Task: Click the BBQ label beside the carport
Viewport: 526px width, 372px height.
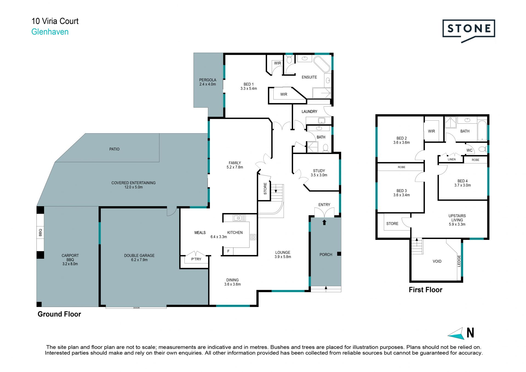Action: tap(41, 232)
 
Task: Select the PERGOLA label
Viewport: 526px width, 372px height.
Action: tap(208, 80)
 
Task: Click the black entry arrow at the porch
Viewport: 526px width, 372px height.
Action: tap(324, 222)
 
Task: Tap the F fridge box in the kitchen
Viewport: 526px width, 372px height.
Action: tap(228, 251)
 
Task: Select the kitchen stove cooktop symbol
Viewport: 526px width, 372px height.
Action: tap(253, 237)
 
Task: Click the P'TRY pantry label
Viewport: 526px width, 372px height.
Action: tap(196, 259)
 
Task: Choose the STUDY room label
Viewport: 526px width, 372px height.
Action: tap(319, 171)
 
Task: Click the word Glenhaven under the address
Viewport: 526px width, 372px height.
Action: tap(50, 32)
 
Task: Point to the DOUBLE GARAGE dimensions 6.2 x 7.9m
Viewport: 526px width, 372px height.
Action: tap(139, 260)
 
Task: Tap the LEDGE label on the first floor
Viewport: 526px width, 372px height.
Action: tap(459, 261)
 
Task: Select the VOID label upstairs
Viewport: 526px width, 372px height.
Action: tap(437, 262)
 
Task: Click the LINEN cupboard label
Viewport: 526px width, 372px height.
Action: tap(452, 159)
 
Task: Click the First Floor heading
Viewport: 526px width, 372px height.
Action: tap(425, 290)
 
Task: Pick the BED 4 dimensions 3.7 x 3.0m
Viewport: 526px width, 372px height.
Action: tap(462, 185)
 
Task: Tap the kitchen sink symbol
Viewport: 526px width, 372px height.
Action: tap(239, 218)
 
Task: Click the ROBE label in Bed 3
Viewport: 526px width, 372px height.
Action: tap(402, 167)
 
